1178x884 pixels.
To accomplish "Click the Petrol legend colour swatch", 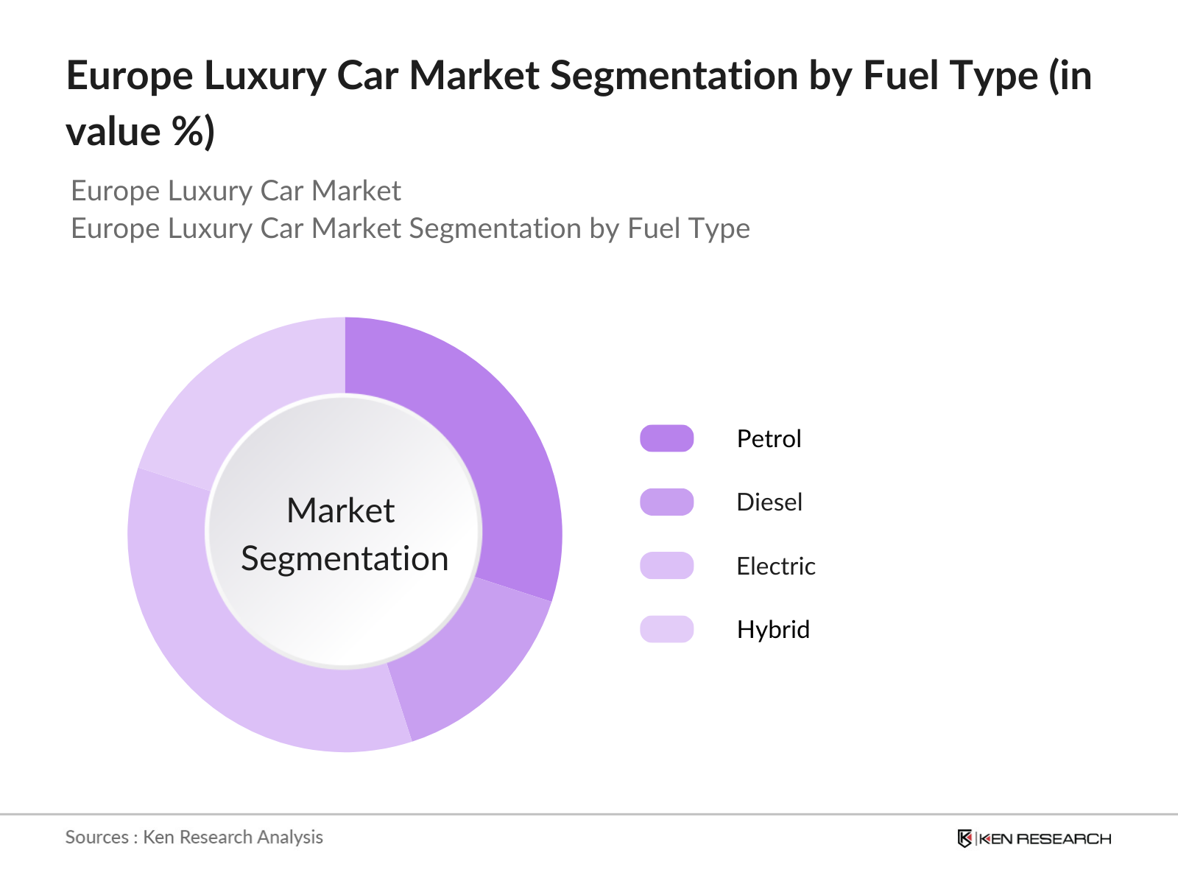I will point(667,438).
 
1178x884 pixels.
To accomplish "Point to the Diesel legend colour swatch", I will point(667,502).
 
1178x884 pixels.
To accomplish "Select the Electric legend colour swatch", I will point(667,566).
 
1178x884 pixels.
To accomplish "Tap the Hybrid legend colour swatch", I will point(667,629).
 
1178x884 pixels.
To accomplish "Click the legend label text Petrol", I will point(769,438).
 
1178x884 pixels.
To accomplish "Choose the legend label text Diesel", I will point(769,502).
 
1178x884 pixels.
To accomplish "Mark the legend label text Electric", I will point(776,566).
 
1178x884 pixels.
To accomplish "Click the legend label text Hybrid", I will point(773,629).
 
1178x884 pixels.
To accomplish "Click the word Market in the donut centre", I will point(341,511).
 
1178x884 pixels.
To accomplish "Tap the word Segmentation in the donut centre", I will point(345,558).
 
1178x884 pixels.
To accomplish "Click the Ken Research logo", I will point(1034,838).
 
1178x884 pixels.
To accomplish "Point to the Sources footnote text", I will point(194,837).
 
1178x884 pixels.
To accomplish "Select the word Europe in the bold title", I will point(130,76).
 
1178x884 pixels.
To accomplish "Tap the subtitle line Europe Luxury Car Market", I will point(236,191).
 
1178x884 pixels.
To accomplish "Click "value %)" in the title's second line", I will point(140,133).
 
